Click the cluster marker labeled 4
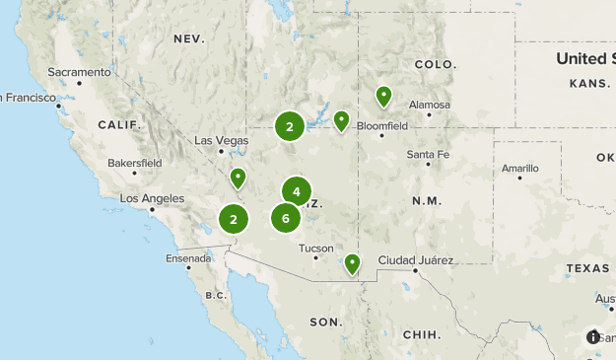pyautogui.click(x=296, y=191)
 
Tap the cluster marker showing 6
pyautogui.click(x=286, y=218)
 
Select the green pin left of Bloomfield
pyautogui.click(x=341, y=120)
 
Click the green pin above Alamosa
pyautogui.click(x=383, y=96)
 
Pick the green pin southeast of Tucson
pyautogui.click(x=352, y=263)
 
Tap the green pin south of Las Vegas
pyautogui.click(x=238, y=178)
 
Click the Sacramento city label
pyautogui.click(x=79, y=72)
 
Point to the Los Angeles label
pyautogui.click(x=152, y=198)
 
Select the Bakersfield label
pyautogui.click(x=134, y=162)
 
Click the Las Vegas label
pyautogui.click(x=222, y=140)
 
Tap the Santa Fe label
pyautogui.click(x=428, y=155)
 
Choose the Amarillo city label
pyautogui.click(x=520, y=169)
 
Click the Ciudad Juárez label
pyautogui.click(x=416, y=260)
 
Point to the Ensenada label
pyautogui.click(x=189, y=258)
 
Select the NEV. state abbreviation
pyautogui.click(x=188, y=38)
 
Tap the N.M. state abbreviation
pyautogui.click(x=426, y=200)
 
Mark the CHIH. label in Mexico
pyautogui.click(x=422, y=334)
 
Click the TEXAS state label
pyautogui.click(x=588, y=268)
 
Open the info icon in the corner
pyautogui.click(x=593, y=336)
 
